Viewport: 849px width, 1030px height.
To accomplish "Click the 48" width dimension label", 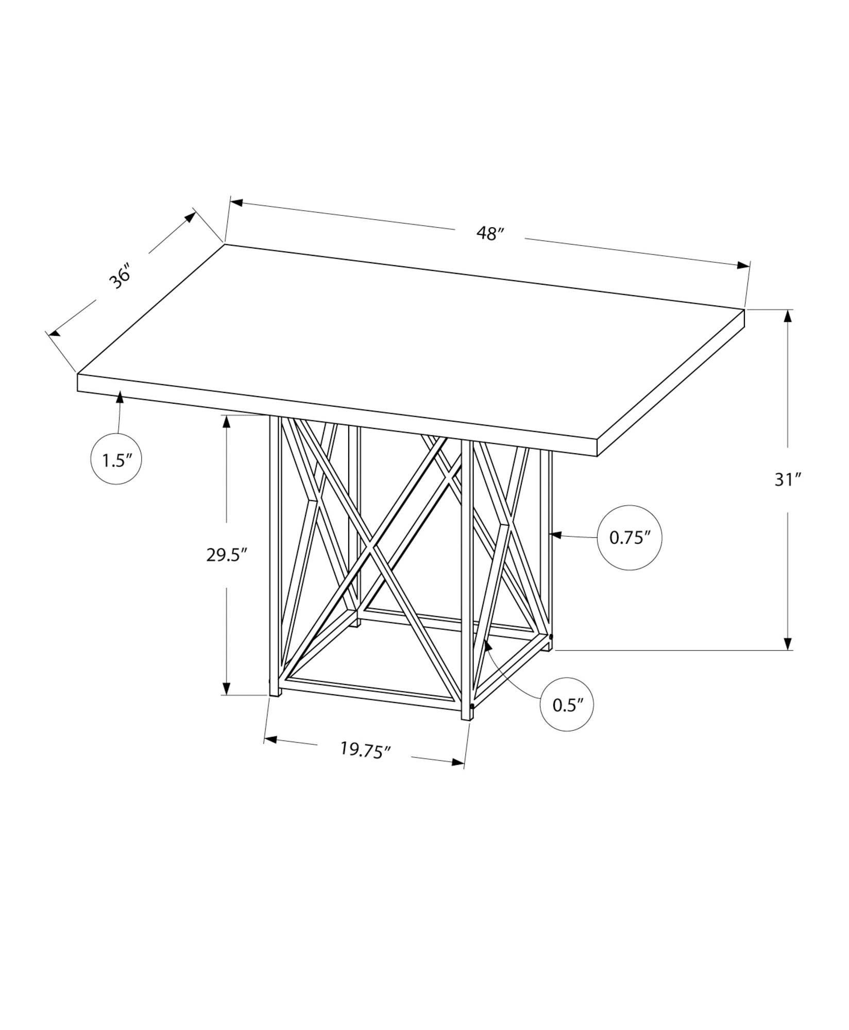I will (489, 233).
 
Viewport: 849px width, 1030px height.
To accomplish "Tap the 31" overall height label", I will (788, 480).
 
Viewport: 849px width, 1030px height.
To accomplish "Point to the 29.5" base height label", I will (227, 555).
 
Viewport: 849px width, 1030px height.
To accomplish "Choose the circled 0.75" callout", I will (629, 538).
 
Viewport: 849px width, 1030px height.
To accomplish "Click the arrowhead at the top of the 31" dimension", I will (788, 315).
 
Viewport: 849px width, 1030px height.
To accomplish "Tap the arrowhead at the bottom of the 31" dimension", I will (788, 644).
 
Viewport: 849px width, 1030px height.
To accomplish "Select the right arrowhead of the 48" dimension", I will (743, 265).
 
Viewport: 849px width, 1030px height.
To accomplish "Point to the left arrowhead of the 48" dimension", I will (236, 202).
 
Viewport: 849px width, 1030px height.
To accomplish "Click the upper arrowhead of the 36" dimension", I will (191, 217).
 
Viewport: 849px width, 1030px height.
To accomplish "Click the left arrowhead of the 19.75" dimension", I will (271, 740).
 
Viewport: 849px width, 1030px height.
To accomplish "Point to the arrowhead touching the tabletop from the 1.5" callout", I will (120, 397).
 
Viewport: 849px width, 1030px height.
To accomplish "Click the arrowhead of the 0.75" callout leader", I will (556, 536).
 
